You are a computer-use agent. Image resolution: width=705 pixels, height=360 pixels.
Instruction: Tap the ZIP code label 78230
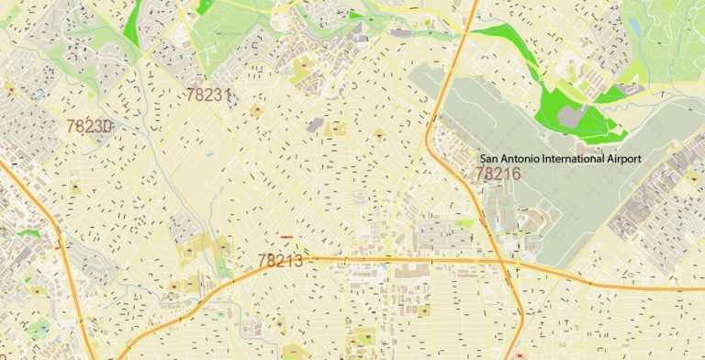click(x=89, y=127)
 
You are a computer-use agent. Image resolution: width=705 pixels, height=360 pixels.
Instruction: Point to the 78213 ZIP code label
click(x=281, y=262)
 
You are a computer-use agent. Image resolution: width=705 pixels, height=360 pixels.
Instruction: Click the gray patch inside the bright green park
click(x=573, y=116)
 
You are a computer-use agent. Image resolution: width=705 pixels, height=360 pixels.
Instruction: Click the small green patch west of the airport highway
click(x=464, y=223)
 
